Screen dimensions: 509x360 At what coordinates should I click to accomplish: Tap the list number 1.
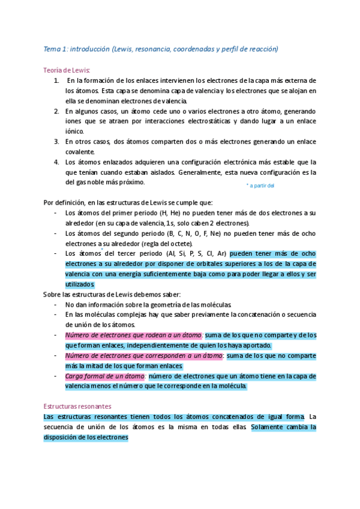coord(56,80)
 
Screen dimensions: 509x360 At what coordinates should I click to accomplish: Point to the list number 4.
coord(56,162)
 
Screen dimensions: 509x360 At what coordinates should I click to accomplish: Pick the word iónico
coord(75,131)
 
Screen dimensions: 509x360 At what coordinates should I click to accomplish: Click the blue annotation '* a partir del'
coord(260,185)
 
